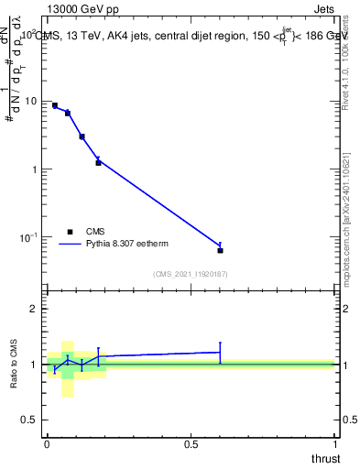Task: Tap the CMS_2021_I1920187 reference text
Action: coord(190,274)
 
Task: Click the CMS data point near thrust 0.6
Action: coord(220,250)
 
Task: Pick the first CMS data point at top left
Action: coord(55,105)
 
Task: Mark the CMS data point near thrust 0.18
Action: coord(98,163)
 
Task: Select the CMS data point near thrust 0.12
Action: coord(82,136)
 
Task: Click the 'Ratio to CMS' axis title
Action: coord(14,364)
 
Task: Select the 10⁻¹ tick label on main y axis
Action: coord(31,237)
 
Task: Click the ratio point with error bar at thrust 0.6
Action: coord(220,352)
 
